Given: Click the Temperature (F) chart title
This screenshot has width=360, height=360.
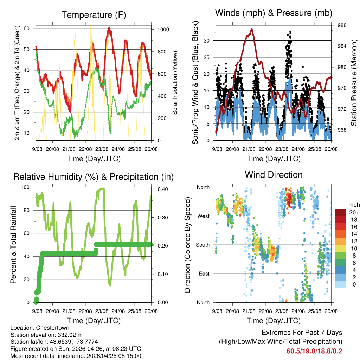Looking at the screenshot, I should coord(93,15).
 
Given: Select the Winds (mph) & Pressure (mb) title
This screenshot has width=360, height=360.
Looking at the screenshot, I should coord(274,13).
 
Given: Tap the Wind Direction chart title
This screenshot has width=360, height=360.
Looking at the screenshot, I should coord(274,174).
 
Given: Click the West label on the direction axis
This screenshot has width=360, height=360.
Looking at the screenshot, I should coord(203,216).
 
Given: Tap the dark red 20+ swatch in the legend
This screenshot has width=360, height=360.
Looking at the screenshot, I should coord(341,212).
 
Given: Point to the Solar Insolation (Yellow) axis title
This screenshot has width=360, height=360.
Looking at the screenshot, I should coord(175,83).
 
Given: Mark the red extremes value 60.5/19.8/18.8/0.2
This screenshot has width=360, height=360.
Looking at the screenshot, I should coord(314,351).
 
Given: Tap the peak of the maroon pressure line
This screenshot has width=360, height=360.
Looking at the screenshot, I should coord(252,29).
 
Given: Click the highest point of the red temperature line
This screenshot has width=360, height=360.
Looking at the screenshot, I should coord(109,27).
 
